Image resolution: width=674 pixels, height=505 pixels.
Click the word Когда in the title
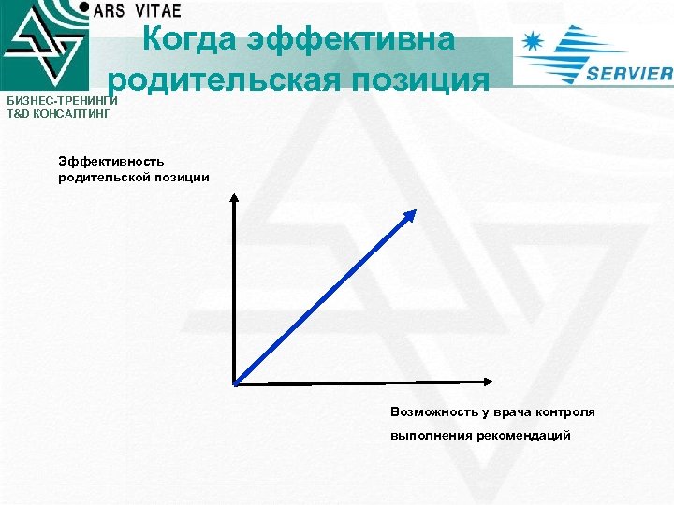tap(190, 39)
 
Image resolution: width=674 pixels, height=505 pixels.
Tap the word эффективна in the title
tap(352, 39)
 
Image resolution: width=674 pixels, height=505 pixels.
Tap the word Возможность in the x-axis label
tap(436, 412)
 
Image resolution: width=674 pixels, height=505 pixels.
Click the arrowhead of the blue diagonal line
tap(410, 214)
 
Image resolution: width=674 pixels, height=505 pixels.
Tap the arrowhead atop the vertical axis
tap(234, 196)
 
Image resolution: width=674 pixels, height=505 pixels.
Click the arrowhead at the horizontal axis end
tap(489, 380)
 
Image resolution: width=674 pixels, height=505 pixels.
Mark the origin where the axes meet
tap(235, 381)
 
